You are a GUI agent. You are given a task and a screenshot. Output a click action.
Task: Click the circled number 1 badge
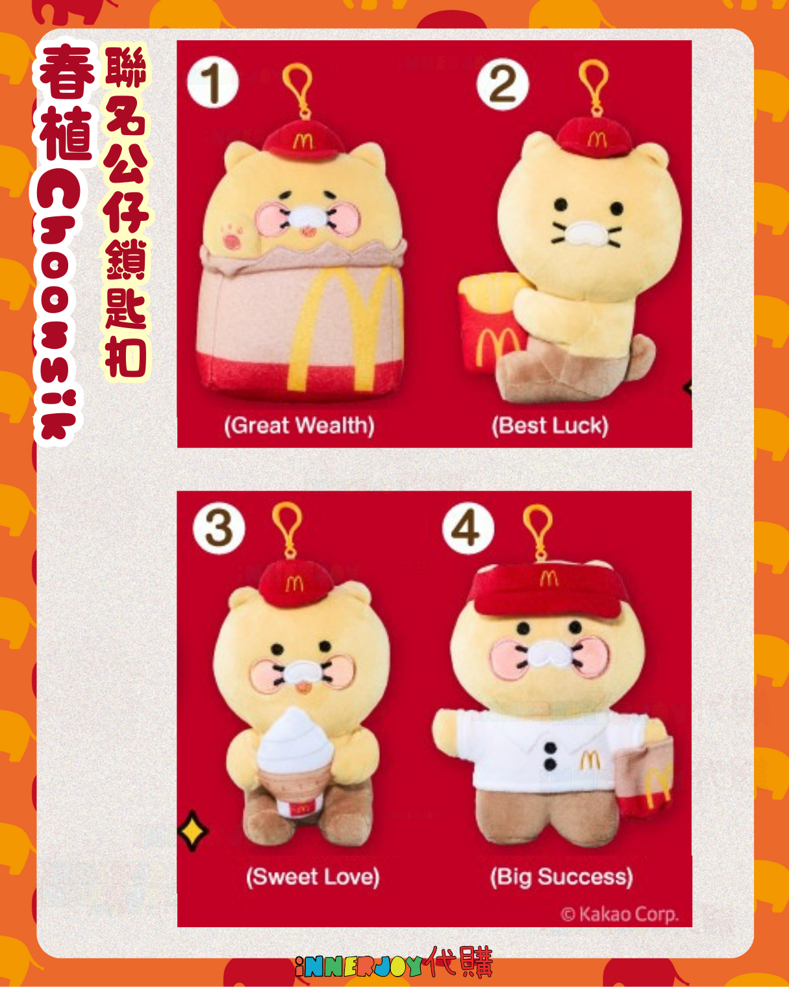coord(213,83)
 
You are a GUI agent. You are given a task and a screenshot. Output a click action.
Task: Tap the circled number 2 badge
coord(503,84)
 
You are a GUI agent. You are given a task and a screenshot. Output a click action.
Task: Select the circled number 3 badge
coord(219,528)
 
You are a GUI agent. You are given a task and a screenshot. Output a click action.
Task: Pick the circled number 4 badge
coord(468,528)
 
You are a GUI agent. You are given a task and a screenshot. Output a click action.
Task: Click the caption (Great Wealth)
coord(299,426)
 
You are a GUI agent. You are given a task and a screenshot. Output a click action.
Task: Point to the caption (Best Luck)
coord(550,426)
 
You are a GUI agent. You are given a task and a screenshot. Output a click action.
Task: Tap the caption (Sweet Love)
coord(312,877)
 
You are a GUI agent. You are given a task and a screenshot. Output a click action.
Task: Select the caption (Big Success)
coord(562,877)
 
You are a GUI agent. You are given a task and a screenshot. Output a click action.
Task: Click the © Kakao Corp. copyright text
coord(620,914)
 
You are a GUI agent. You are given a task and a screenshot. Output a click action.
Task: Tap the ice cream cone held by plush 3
coord(295,762)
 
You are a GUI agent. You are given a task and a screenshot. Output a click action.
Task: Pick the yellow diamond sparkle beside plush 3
coord(194,830)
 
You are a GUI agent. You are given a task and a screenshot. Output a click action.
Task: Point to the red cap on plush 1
coord(303,140)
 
